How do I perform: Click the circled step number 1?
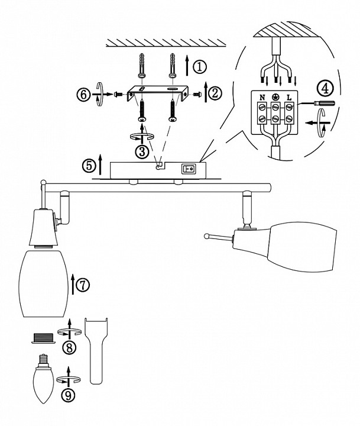[x=202, y=66]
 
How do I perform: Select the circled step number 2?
[x=215, y=92]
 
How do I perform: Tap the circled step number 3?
[x=142, y=151]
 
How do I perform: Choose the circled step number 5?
[x=89, y=165]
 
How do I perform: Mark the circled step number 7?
[x=83, y=284]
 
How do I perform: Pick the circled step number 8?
[x=70, y=347]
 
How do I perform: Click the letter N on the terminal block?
[x=260, y=96]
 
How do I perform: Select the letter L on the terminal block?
[x=290, y=96]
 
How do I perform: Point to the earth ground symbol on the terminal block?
[x=275, y=96]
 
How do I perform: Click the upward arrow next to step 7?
[x=73, y=285]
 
